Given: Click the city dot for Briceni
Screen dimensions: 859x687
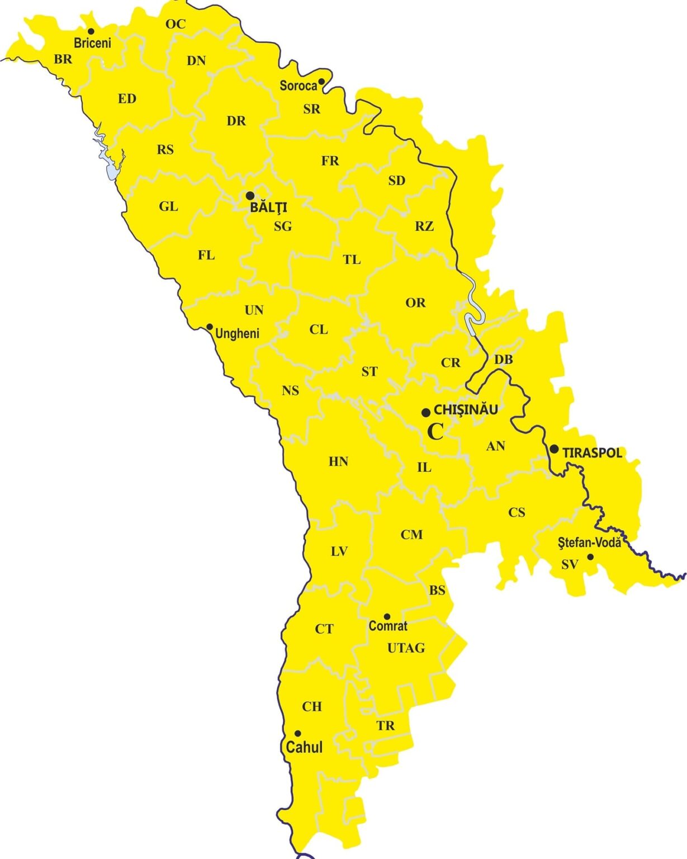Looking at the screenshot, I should coord(91,31).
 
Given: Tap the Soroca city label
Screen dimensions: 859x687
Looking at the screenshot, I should coord(298,86).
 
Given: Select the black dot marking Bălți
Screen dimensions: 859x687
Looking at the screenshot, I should coord(250,195).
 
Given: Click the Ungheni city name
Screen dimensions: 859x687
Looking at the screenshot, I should coord(237,334).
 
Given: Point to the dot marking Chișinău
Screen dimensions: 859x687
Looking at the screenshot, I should coord(425,413).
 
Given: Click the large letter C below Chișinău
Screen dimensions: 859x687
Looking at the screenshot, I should coord(435,432).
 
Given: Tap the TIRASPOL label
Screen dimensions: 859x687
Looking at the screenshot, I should coord(592,453).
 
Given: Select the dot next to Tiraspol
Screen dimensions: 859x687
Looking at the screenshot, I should coord(553,449).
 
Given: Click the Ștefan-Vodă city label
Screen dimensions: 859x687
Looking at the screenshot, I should coord(589,542).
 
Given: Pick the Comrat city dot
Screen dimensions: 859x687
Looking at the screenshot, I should coord(387,617).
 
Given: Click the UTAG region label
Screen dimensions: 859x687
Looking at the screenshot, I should coord(406,648).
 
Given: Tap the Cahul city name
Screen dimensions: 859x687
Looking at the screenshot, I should coord(304,747).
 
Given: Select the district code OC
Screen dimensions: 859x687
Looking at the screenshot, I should coord(175,24).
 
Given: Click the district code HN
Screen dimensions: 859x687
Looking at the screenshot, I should coord(338,461).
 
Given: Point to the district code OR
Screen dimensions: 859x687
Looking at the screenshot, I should coord(415,303).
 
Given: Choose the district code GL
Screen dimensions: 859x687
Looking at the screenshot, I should coord(168,207).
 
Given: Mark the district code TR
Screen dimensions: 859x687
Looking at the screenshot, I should coord(385,726).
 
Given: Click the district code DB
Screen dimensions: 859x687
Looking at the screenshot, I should coord(503,360).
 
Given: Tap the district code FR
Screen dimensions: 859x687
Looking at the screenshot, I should coord(330,161).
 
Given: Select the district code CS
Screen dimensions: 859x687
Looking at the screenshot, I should coord(517,512).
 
